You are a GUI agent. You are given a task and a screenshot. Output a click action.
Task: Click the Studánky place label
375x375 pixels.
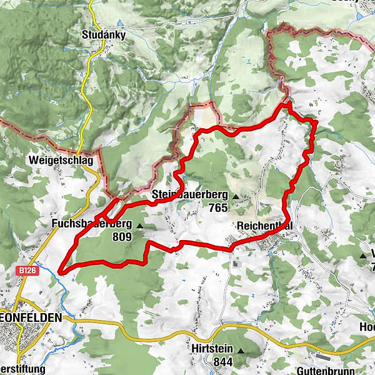pos(104,35)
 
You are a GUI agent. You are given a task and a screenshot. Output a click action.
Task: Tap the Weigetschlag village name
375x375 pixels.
pos(60,161)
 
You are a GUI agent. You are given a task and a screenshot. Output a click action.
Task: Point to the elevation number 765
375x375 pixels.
pos(218,207)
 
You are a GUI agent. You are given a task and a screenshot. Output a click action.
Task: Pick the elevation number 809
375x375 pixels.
pos(122,237)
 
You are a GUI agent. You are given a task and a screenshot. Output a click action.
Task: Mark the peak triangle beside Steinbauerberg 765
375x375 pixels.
pos(236,197)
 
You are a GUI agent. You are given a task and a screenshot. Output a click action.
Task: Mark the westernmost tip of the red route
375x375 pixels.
pos(59,271)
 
